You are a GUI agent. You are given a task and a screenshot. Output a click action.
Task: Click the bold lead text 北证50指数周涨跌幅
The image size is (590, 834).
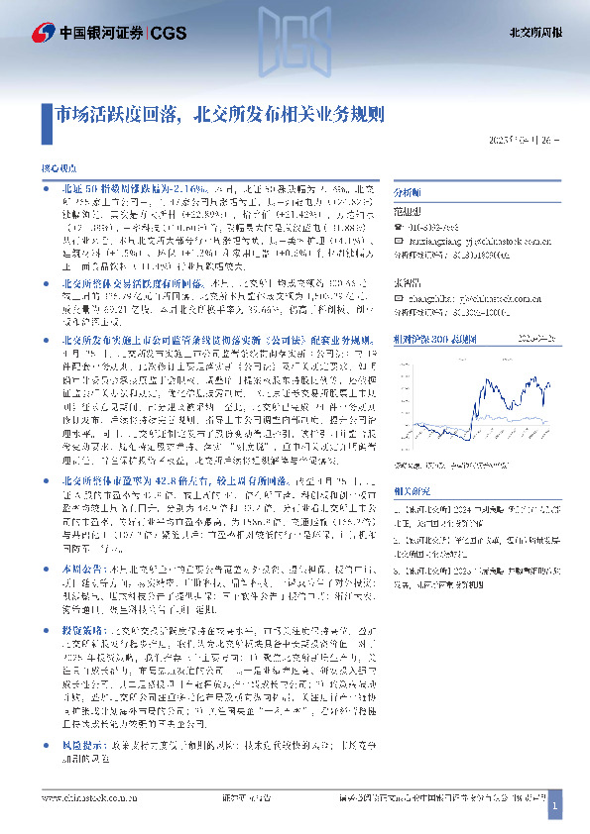pos(106,188)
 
